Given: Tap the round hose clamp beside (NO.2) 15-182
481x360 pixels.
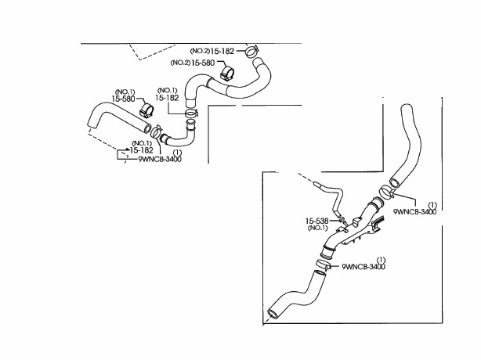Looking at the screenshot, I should pyautogui.click(x=251, y=53).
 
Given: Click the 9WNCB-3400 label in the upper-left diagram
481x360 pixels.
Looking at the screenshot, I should pyautogui.click(x=161, y=158).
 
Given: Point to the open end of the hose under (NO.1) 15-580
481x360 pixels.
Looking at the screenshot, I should pyautogui.click(x=90, y=127).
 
